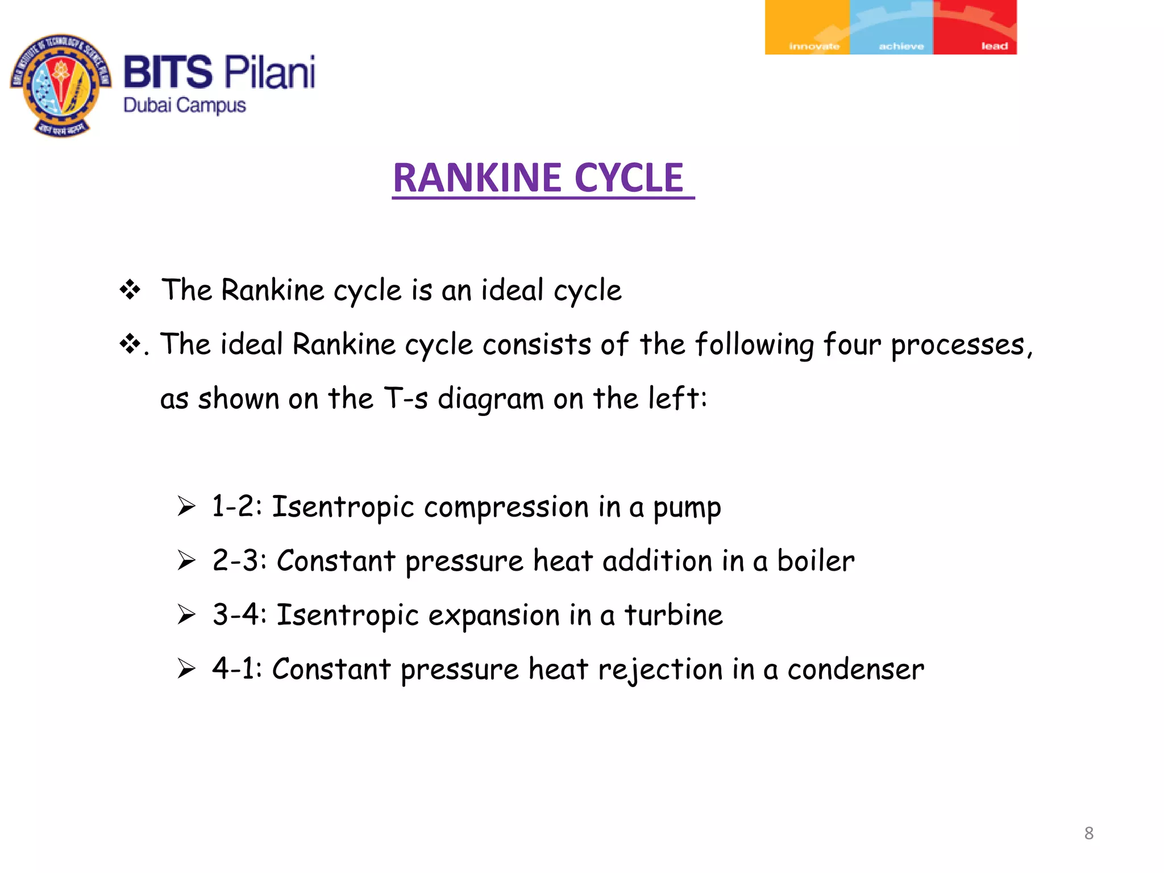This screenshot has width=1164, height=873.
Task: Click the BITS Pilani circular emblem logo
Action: [x=61, y=85]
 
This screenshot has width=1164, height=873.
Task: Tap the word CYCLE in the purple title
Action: [x=629, y=178]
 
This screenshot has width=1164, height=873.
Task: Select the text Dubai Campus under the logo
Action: [x=185, y=106]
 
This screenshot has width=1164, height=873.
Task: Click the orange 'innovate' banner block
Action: [x=807, y=27]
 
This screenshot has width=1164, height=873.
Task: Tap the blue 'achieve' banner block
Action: [x=891, y=27]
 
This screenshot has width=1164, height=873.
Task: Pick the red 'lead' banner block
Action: [x=975, y=27]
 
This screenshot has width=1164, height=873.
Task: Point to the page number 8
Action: [x=1088, y=833]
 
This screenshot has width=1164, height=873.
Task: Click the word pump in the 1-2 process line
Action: [x=687, y=508]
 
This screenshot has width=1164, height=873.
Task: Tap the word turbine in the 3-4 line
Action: [x=674, y=616]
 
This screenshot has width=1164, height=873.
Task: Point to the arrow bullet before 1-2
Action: [x=186, y=506]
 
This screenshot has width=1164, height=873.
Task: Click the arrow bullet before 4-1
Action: [x=186, y=668]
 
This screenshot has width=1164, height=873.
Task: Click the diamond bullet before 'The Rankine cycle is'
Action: [x=130, y=290]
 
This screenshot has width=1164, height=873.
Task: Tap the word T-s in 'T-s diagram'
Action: [x=406, y=398]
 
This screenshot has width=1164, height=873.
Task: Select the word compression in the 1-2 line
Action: [x=506, y=508]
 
